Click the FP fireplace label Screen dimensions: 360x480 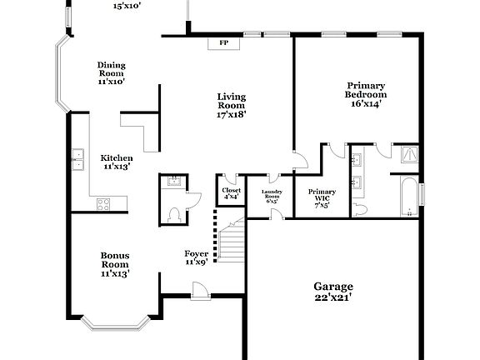tap(223, 42)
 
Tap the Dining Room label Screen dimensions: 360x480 tap(111, 73)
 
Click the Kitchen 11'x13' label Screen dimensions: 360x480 tap(117, 162)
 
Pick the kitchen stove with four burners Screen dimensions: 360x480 tap(105, 202)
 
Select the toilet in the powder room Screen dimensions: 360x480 tap(175, 213)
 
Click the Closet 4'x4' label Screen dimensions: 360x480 tap(232, 195)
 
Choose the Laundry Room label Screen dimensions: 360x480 tap(272, 197)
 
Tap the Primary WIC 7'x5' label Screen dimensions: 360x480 tap(322, 197)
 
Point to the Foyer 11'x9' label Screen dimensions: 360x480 tap(196, 257)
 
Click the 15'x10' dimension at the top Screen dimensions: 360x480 tap(127, 5)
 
